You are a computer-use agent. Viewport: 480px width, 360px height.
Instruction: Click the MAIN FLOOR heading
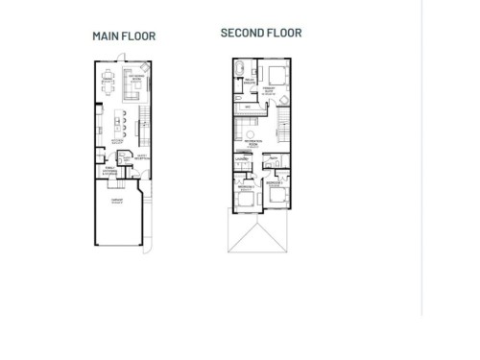[x=124, y=36]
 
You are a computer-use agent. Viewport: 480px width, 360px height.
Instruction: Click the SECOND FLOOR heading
[x=261, y=33]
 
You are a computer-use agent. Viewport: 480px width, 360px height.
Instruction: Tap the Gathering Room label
[x=137, y=76]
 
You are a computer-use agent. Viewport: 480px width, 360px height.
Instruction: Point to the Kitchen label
[x=116, y=140]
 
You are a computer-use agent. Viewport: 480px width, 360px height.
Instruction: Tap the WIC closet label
[x=247, y=107]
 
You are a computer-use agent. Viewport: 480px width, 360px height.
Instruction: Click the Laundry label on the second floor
[x=243, y=159]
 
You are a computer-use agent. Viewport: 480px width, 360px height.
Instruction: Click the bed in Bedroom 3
[x=276, y=195]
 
